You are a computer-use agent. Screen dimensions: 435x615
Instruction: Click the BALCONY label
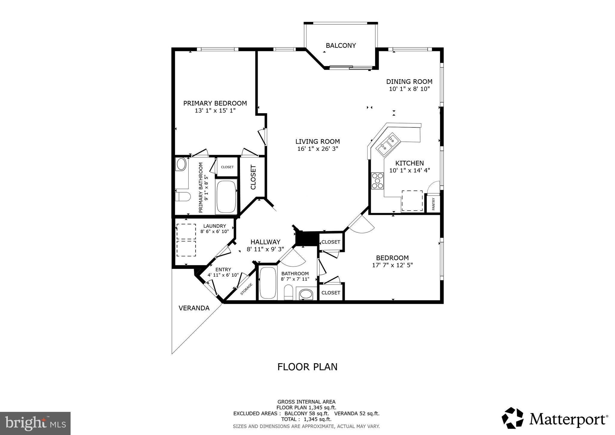point(341,46)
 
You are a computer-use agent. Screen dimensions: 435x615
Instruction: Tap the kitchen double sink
point(389,144)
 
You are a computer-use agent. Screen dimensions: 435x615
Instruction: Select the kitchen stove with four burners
point(377,181)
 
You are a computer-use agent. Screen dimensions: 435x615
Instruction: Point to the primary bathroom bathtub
point(226,197)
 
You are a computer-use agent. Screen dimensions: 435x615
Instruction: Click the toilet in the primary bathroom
point(183,197)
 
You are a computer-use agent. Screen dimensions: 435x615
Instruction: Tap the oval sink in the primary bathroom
point(181,164)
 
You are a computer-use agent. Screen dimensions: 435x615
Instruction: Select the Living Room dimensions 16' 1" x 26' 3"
point(318,149)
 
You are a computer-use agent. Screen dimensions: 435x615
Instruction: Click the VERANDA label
point(194,308)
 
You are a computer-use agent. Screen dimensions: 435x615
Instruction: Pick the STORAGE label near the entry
point(246,289)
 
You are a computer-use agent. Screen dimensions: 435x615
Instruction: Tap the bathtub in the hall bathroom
point(268,282)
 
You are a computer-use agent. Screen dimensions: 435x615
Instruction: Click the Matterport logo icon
point(513,418)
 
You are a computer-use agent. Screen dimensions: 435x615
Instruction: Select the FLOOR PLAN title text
point(307,367)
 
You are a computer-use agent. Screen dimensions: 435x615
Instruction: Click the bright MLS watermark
point(35,423)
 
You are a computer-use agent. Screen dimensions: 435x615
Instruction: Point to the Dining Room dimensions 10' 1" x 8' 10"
point(409,89)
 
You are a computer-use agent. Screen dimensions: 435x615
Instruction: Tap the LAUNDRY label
point(214,226)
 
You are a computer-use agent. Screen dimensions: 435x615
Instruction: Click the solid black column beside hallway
point(307,239)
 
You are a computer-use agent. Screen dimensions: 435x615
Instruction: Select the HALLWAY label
point(265,242)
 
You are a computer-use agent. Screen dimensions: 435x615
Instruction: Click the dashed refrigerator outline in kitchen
point(412,201)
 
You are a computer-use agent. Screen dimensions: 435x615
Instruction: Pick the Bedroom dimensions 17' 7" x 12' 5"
point(392,265)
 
